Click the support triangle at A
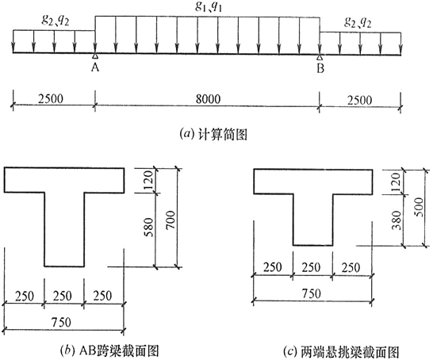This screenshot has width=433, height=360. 95,56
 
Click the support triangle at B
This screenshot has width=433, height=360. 320,57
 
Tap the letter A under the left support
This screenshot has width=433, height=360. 95,67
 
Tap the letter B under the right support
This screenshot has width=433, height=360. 320,68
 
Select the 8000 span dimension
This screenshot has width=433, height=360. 209,99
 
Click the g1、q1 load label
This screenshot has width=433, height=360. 209,7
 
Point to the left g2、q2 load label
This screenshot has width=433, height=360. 55,20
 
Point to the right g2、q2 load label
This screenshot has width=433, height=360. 358,22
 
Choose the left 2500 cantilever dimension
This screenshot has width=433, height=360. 51,98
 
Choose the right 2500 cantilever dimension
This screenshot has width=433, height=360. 360,100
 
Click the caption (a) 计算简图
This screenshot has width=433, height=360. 213,135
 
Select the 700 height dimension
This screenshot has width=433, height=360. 171,220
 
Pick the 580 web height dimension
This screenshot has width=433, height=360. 148,228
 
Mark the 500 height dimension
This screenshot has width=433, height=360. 419,207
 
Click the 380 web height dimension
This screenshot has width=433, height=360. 397,220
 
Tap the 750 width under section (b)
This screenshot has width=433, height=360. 61,322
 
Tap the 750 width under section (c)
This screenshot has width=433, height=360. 311,293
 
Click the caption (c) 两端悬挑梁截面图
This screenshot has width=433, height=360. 342,352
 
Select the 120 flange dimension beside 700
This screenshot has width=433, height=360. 148,180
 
